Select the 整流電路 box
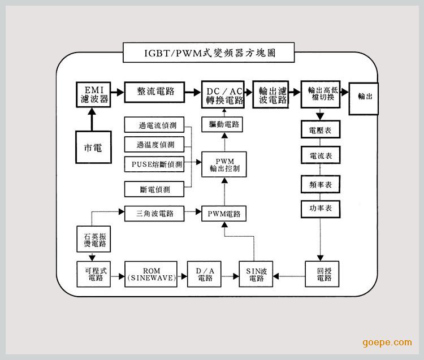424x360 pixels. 155,92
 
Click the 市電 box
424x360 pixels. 93,148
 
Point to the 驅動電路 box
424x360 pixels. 223,124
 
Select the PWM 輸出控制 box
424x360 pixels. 224,164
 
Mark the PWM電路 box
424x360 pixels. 224,214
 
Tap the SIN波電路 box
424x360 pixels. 256,275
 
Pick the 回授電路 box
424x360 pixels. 321,275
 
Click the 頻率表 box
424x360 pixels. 321,184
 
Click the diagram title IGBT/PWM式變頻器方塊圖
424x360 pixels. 209,54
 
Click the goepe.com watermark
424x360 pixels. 387,342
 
